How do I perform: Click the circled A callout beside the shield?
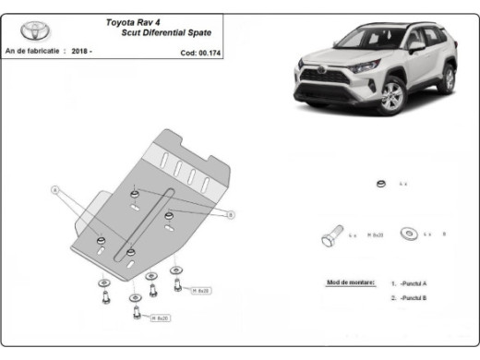tap(54, 190)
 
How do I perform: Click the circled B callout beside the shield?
tap(230, 214)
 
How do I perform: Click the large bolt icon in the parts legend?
tap(331, 235)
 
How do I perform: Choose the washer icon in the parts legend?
tap(409, 234)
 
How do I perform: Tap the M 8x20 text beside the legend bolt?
tap(376, 235)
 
